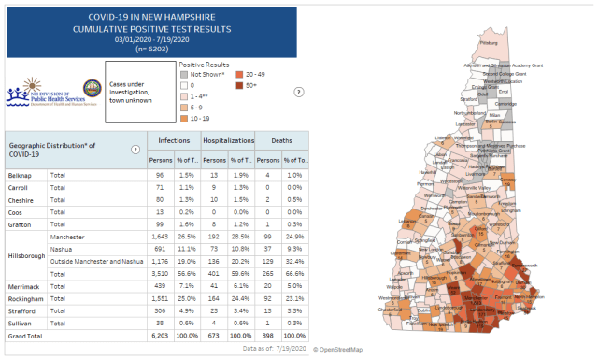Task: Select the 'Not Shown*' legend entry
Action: tap(207, 73)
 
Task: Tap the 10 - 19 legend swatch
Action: tap(184, 119)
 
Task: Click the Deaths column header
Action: tap(282, 139)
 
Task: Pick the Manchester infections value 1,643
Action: tap(164, 238)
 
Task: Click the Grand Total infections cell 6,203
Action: tap(164, 334)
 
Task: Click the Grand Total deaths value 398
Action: tap(269, 334)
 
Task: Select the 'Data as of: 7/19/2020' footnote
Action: tap(271, 347)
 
